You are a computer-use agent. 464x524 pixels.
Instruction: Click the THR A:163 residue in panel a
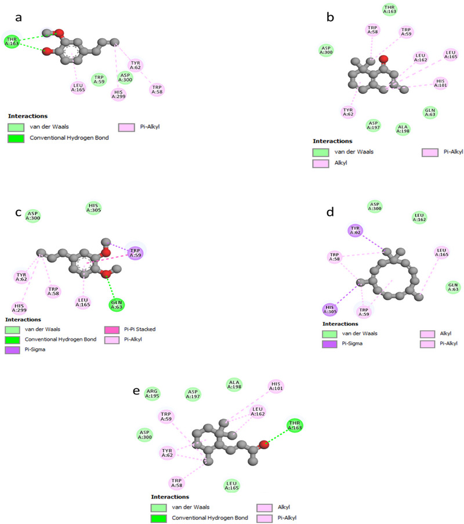click(13, 41)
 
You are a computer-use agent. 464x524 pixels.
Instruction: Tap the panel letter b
click(330, 18)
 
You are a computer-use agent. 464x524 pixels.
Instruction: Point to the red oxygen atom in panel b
click(383, 59)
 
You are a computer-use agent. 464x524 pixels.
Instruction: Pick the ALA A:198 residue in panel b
click(402, 129)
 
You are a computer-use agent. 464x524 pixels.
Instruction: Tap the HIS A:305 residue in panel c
click(93, 208)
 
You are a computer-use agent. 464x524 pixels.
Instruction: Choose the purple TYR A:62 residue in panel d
click(355, 231)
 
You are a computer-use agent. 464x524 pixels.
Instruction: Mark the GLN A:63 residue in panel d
click(453, 286)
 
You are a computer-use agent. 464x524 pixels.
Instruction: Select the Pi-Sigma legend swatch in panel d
click(336, 343)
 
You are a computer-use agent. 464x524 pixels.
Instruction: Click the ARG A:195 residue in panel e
click(152, 394)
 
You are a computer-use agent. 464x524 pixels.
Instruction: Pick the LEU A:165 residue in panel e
click(232, 486)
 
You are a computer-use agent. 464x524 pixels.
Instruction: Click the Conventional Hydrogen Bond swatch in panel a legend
click(17, 139)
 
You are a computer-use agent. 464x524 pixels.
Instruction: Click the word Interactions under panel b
click(333, 141)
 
